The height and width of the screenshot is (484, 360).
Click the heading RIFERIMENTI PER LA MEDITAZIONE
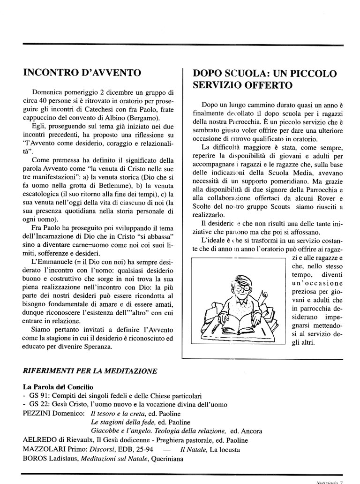90,371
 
